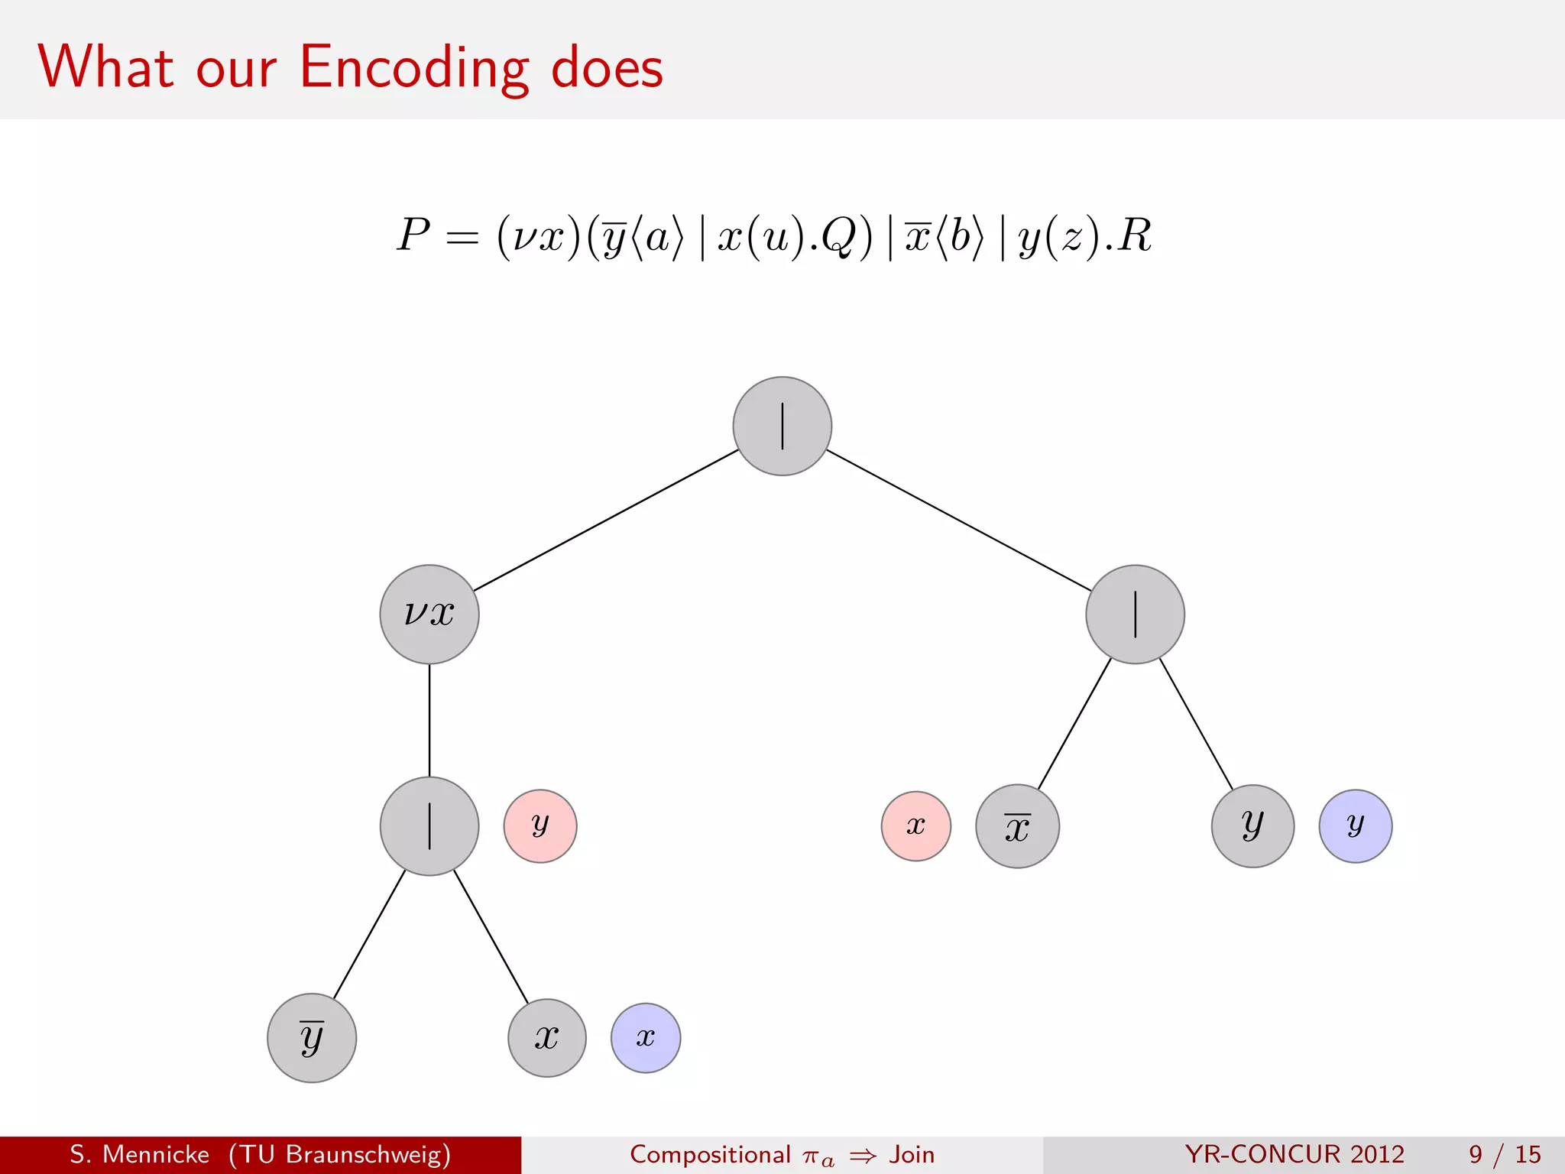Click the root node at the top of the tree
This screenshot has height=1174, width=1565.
(x=782, y=426)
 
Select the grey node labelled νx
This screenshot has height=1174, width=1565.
(x=429, y=615)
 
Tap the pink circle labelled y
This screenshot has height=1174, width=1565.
(x=540, y=826)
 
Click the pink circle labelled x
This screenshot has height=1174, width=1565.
(x=916, y=826)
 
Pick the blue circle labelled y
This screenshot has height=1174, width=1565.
(x=1356, y=826)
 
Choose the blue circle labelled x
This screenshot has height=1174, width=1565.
(x=646, y=1038)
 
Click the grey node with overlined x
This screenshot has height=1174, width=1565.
(x=1018, y=826)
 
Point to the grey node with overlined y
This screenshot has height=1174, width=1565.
(x=312, y=1038)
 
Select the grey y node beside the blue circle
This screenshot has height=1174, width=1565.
(x=1253, y=826)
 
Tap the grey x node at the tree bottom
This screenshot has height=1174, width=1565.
(x=547, y=1038)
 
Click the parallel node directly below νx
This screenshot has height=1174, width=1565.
(x=429, y=826)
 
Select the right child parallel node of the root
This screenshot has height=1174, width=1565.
(x=1136, y=615)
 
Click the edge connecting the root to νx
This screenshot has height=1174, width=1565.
(x=606, y=521)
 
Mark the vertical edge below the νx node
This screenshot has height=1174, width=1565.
(x=429, y=720)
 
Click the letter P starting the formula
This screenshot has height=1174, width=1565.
(x=413, y=235)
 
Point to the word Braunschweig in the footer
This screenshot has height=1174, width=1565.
(x=368, y=1154)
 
